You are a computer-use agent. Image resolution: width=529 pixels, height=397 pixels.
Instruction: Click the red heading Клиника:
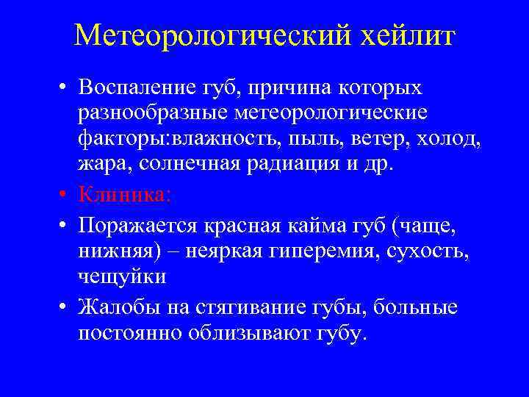pos(123,195)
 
